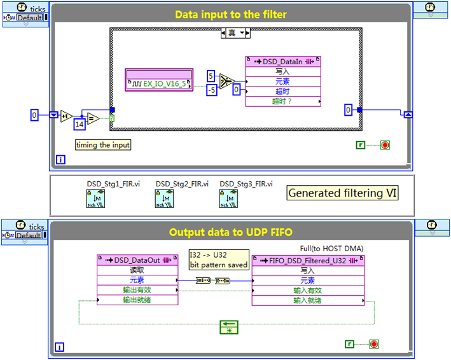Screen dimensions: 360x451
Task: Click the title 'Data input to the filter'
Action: tap(230, 14)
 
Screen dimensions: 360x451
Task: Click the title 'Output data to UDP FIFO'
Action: tap(230, 232)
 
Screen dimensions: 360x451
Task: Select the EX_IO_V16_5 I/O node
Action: tap(160, 83)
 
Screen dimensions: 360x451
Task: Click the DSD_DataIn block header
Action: tap(283, 62)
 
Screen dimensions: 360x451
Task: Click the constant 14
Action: tap(80, 123)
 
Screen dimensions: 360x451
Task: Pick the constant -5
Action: tap(211, 90)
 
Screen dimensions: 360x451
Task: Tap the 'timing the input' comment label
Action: tap(103, 145)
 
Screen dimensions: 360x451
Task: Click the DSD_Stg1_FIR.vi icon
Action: tap(95, 200)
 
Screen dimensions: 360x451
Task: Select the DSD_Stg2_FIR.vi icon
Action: tap(164, 200)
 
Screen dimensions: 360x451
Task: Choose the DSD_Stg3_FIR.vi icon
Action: tap(228, 200)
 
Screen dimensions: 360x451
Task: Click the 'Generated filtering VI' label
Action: tap(343, 193)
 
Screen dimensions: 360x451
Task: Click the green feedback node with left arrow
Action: tap(228, 327)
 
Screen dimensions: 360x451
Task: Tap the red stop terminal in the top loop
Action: tap(384, 145)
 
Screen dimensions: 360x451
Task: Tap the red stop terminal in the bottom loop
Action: tap(373, 344)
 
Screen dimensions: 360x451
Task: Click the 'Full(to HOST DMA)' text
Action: tap(331, 248)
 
